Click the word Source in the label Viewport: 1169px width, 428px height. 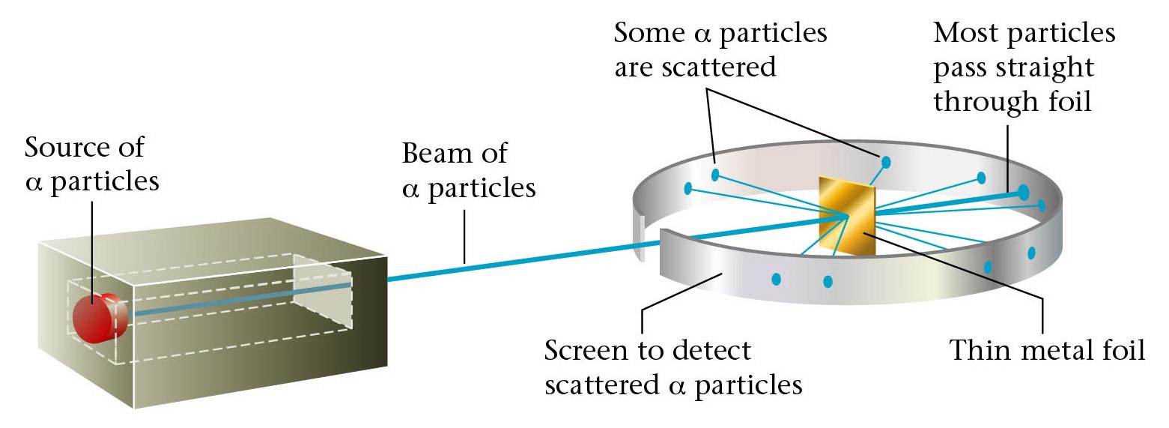point(65,148)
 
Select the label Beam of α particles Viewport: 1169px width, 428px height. point(469,170)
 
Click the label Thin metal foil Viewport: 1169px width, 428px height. point(1047,351)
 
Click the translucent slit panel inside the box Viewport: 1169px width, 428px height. point(322,292)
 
